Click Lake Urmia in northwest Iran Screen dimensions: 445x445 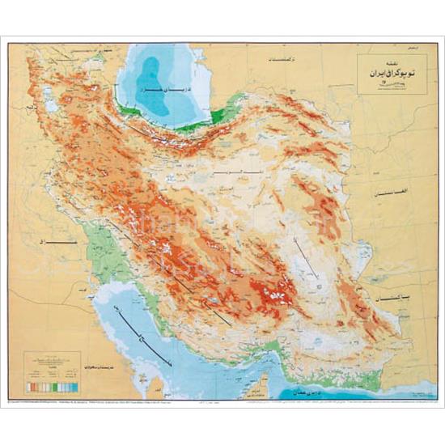(53, 104)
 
